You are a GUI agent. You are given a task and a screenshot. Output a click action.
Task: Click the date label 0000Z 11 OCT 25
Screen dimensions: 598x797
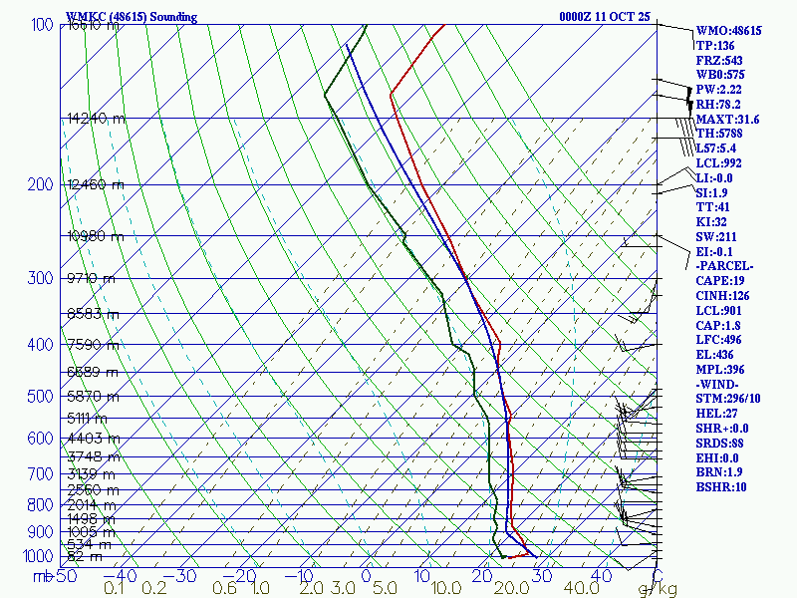point(605,17)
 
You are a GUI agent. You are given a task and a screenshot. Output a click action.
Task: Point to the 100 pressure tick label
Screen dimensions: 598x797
point(42,25)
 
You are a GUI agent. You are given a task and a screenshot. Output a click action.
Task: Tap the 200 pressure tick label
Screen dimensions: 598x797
point(42,184)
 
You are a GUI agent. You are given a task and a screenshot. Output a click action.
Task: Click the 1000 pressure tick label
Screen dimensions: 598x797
point(38,556)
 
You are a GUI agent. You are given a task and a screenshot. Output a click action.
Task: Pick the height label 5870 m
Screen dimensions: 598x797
point(93,397)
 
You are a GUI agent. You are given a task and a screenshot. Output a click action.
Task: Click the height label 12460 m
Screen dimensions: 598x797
point(96,184)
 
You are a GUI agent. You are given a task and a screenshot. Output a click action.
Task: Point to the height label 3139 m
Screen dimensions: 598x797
point(93,473)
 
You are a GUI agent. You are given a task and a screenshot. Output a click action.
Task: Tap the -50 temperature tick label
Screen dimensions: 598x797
point(64,576)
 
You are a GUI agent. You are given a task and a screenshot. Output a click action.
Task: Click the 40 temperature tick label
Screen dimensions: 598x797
point(601,576)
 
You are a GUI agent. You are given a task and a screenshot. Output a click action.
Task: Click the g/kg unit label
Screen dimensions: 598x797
point(658,589)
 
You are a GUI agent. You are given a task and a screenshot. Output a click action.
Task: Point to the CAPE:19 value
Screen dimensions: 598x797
point(723,281)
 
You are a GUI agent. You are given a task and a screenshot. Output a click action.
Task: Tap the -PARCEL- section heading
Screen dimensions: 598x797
point(725,266)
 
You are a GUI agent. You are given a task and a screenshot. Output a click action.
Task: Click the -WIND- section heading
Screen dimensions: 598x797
point(719,384)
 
